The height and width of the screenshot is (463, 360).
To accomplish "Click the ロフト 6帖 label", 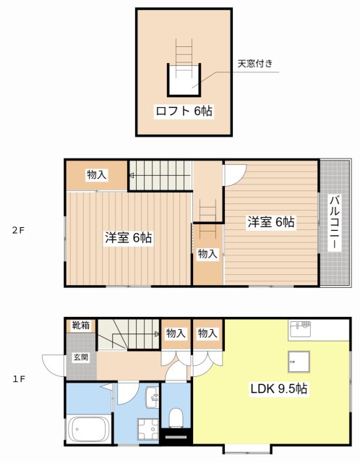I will point(184,111).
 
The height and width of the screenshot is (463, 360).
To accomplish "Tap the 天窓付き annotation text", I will point(255,64).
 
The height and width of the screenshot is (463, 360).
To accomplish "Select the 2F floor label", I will point(18,231).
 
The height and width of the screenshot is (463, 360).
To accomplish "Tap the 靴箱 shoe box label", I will point(80,326).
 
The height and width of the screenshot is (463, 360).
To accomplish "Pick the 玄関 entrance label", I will point(80,357).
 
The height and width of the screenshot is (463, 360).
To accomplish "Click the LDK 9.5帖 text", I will point(279,388).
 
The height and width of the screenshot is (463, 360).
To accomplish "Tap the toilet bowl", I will point(176,418).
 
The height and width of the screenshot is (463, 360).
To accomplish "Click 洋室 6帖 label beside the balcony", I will point(271,222).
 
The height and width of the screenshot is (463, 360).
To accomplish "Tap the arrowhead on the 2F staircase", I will point(132,175).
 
